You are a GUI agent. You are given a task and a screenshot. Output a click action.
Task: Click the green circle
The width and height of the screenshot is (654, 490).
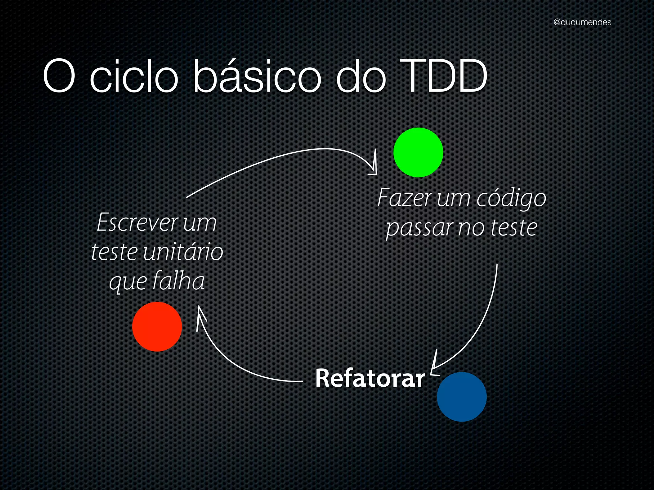pos(418,152)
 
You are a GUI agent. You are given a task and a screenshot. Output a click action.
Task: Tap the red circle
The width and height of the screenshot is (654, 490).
pos(157,327)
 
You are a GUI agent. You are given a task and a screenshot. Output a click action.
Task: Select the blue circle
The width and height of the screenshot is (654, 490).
pos(461,397)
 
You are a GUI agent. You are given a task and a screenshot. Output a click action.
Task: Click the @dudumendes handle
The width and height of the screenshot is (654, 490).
pos(582,22)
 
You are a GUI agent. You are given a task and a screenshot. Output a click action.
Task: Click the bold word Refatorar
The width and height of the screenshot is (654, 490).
pos(370,378)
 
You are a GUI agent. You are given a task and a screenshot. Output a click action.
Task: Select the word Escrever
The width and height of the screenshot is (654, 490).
pos(137,222)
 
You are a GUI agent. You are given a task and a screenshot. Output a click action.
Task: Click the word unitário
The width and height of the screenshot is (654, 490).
pos(183,252)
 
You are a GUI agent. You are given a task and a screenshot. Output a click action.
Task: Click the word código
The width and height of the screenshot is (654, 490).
pos(511,198)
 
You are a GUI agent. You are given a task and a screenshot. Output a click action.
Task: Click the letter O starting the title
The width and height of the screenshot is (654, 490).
pos(59,77)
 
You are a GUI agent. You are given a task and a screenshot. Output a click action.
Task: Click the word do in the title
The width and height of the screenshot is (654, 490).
pos(361,77)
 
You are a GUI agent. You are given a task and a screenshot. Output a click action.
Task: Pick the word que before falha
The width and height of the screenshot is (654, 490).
pos(127,282)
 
